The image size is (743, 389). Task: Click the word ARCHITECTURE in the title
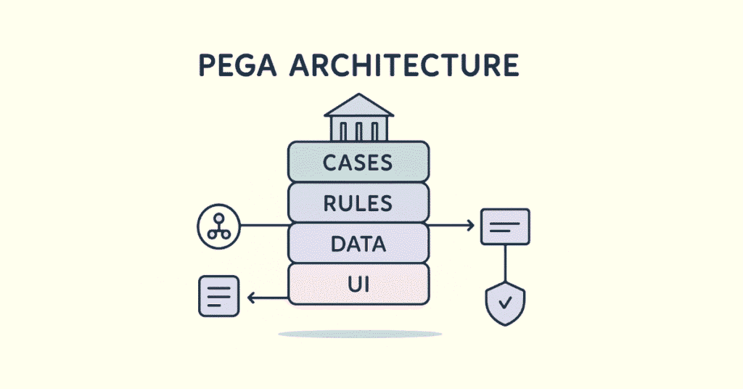[404, 66]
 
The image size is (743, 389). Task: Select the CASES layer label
[358, 163]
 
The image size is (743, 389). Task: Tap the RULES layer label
[358, 204]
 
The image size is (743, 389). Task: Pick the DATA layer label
[358, 245]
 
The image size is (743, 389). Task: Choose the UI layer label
[358, 284]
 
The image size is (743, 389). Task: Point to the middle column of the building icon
[358, 130]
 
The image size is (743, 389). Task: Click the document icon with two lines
[505, 226]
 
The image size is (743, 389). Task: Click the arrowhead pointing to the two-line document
[469, 226]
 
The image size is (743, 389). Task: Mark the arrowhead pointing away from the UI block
[251, 297]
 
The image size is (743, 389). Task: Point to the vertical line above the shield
[505, 261]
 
